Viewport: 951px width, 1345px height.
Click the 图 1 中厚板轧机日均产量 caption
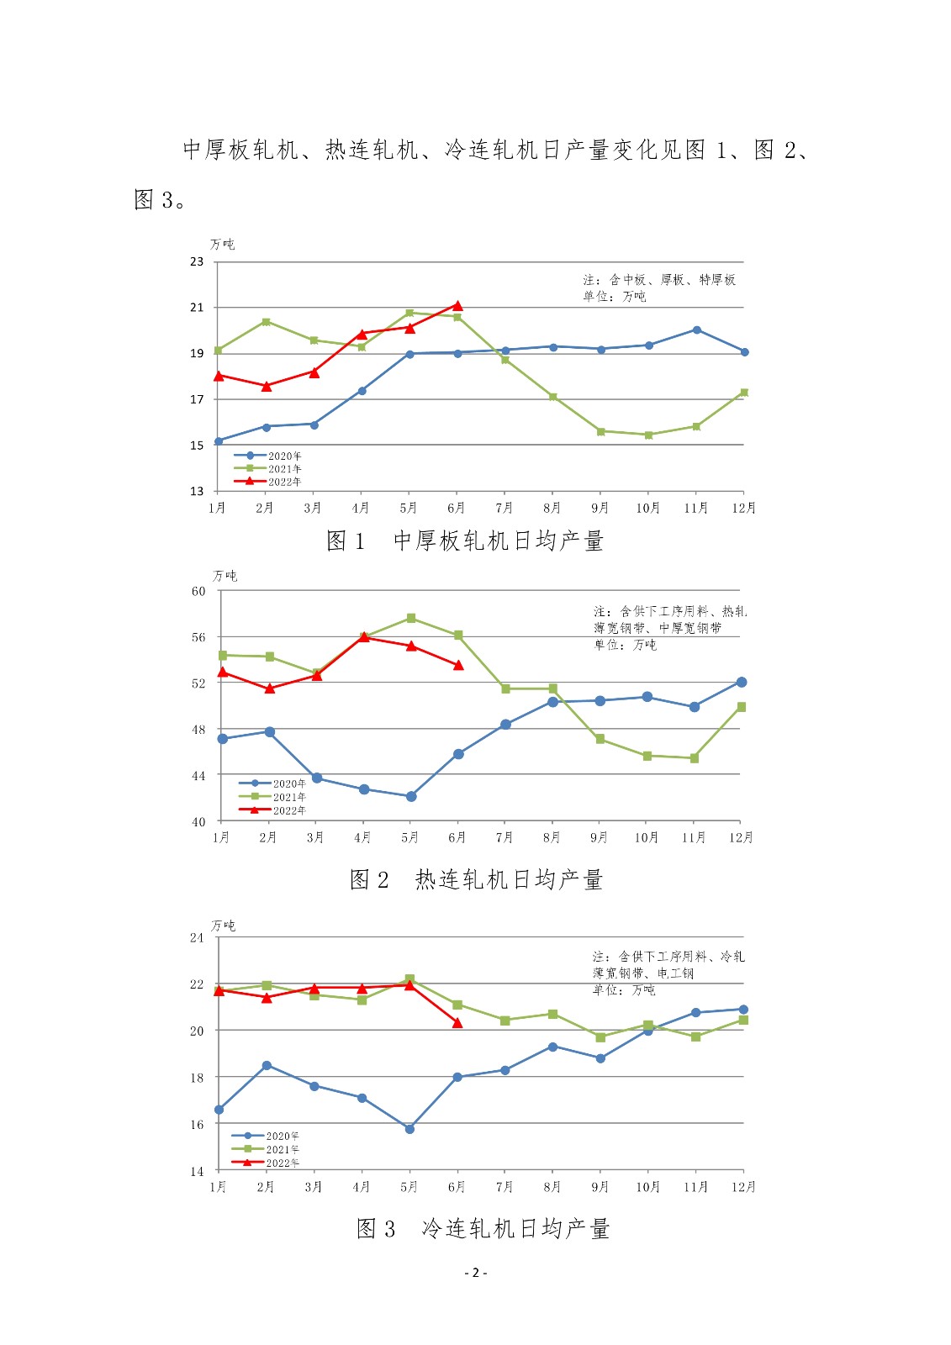465,541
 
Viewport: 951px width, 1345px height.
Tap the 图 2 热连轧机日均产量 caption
476,879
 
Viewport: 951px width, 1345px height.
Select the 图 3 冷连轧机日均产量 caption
483,1228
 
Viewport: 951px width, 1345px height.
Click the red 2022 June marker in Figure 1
457,305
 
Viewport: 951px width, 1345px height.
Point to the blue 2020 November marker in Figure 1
697,330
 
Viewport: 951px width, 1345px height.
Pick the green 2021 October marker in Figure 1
648,435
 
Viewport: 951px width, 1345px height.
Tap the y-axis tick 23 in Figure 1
197,261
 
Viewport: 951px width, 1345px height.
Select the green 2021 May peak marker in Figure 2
411,618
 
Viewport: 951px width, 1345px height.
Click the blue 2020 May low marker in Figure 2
411,796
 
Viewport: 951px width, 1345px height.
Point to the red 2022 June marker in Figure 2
458,665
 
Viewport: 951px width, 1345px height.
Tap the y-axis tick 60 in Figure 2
198,591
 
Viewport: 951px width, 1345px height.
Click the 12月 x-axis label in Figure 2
741,837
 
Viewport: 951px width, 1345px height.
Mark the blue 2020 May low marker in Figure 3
409,1129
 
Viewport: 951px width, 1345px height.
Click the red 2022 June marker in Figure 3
457,1023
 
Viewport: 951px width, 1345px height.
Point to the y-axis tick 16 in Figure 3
197,1124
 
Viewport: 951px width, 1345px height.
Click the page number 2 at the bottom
475,1273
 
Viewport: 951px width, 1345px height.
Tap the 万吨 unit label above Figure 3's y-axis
224,926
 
